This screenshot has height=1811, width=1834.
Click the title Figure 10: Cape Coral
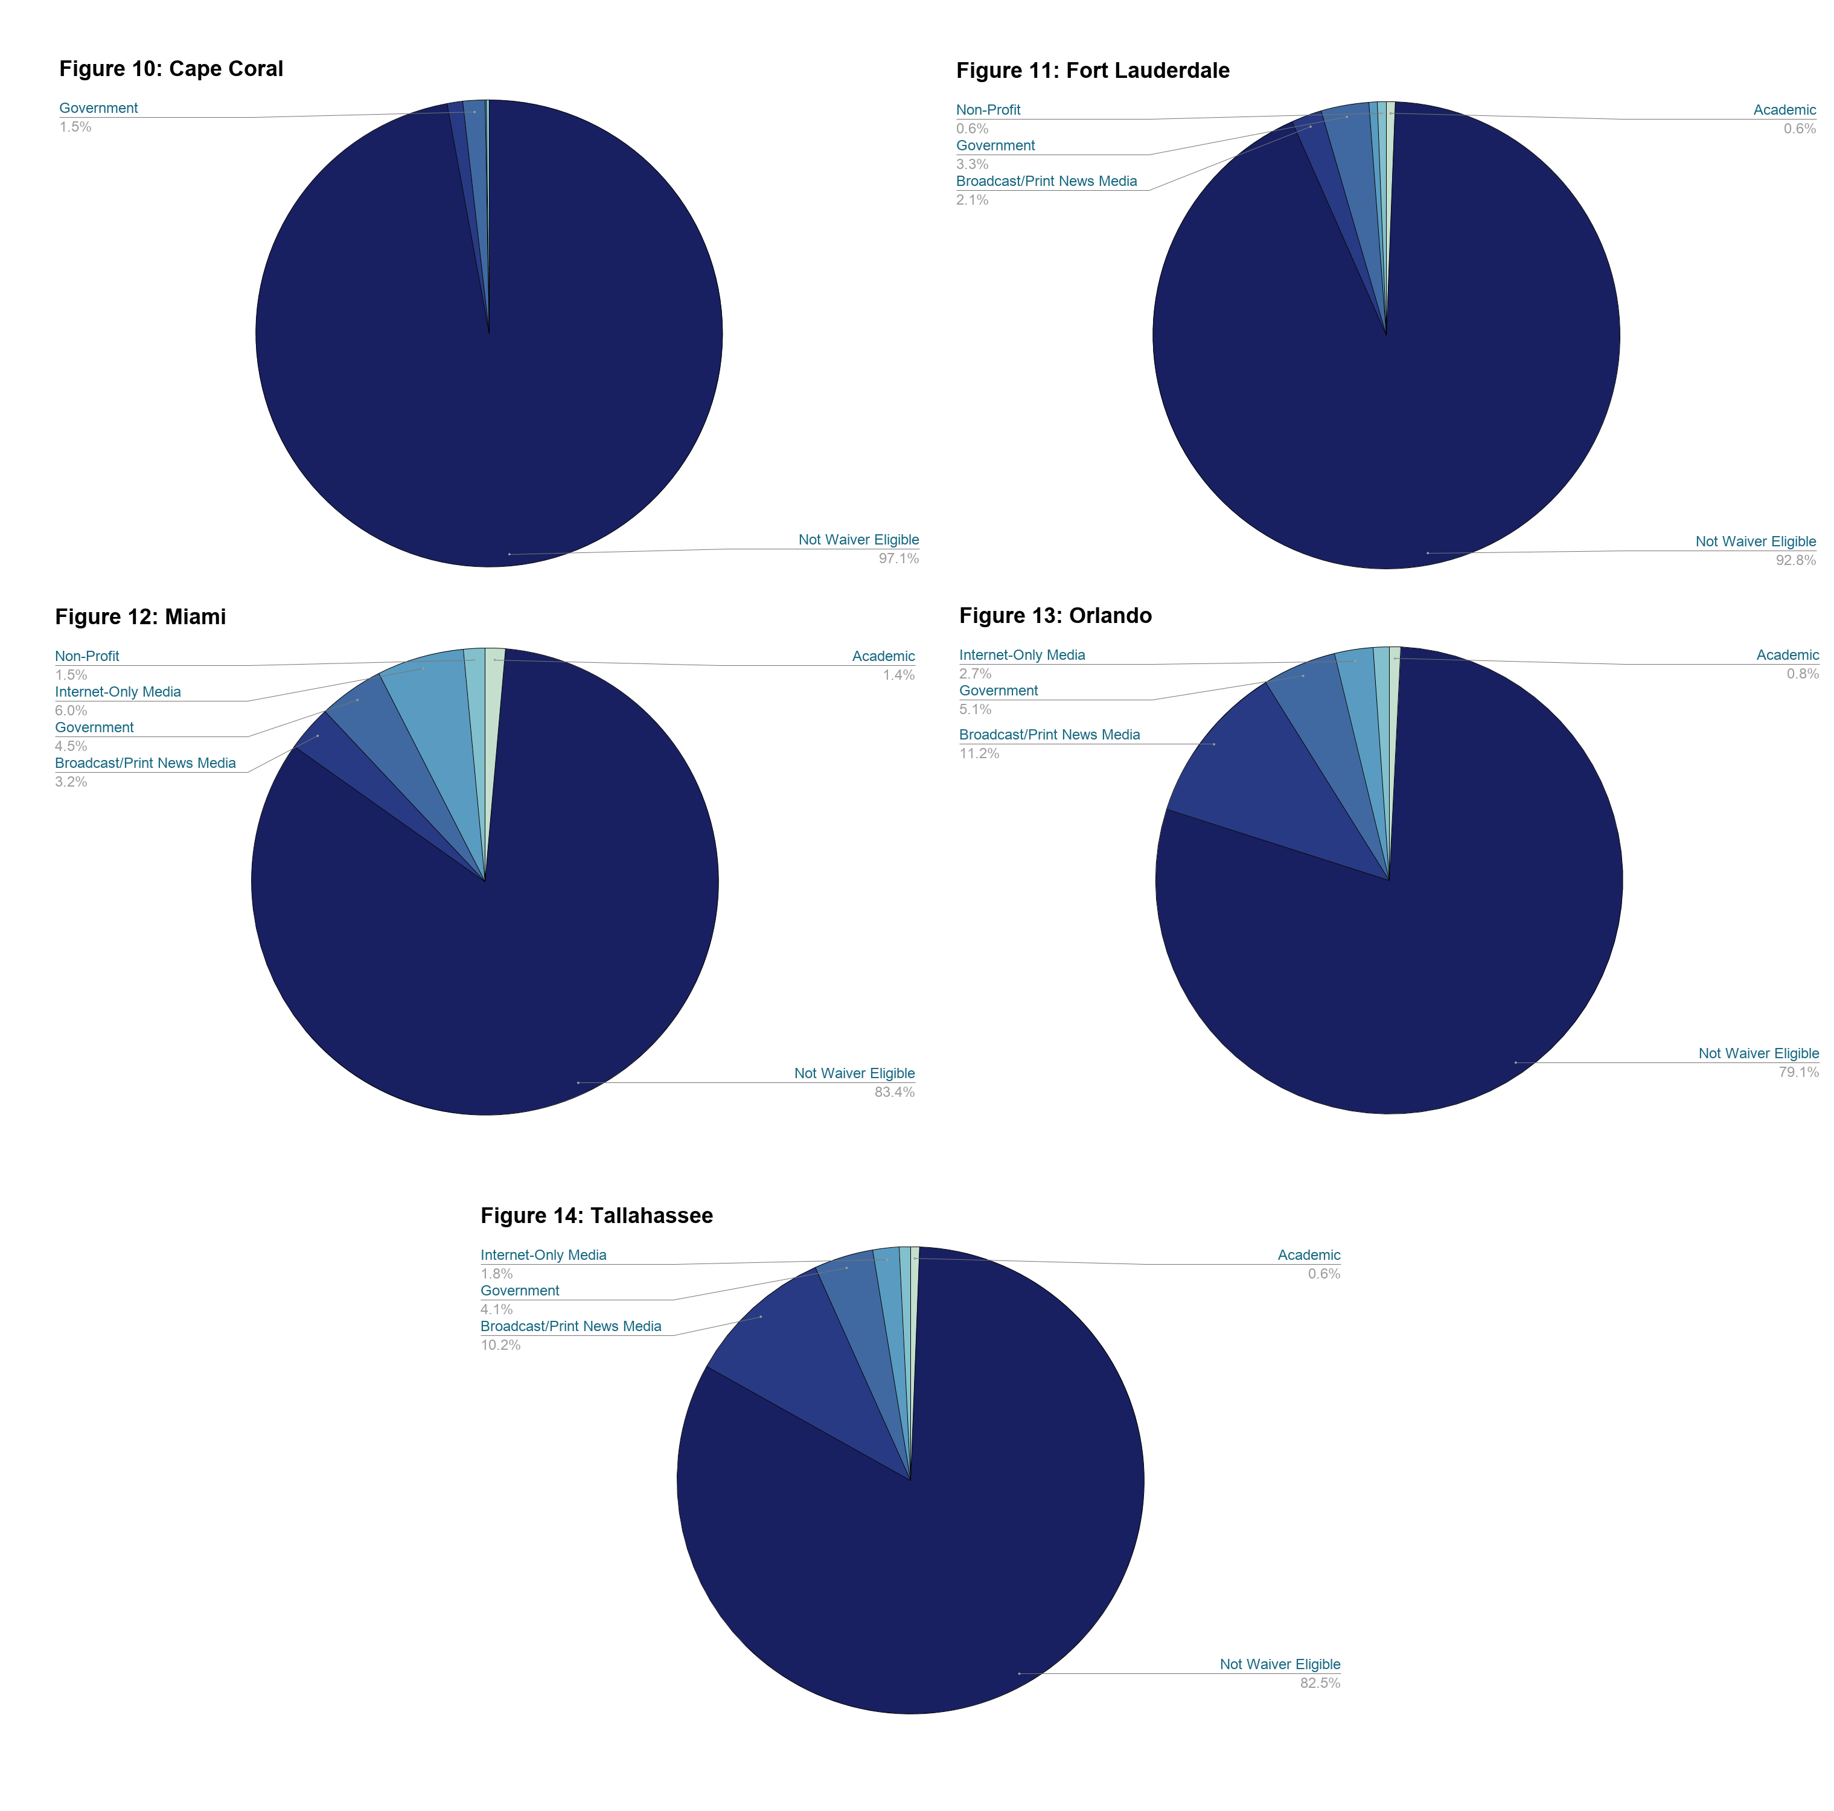click(x=171, y=69)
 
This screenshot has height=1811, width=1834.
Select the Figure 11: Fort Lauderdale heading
click(x=1093, y=71)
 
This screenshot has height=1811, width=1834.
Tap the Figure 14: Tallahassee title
click(x=596, y=1216)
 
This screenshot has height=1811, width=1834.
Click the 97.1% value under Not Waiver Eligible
click(x=898, y=559)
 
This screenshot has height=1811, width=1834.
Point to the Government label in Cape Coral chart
click(x=99, y=108)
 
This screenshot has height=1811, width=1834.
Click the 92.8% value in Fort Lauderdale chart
click(x=1795, y=561)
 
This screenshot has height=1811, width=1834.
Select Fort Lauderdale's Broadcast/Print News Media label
click(x=1046, y=181)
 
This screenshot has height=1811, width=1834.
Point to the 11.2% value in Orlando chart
click(x=979, y=753)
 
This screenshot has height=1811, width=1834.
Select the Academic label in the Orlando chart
click(x=1786, y=656)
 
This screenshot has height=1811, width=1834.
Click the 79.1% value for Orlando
click(x=1798, y=1073)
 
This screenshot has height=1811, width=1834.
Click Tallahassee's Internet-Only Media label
click(x=543, y=1256)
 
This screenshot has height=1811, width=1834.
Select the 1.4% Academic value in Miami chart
click(x=898, y=676)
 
